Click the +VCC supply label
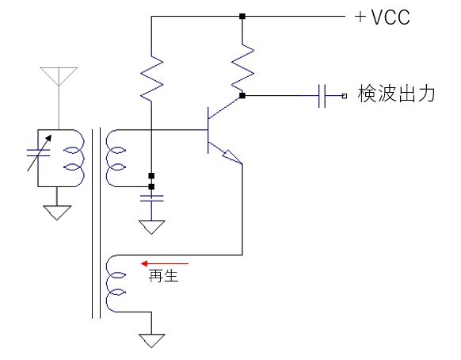383,17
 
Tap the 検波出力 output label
396,94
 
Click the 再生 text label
163,275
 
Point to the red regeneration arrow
165,263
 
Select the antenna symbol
59,77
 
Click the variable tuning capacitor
39,153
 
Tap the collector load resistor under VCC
242,67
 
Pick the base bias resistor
152,77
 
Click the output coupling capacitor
322,96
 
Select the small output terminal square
345,96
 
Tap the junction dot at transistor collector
242,96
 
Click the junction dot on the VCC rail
242,17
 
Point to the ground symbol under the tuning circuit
57,213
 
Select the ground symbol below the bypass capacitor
151,228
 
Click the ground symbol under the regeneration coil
151,341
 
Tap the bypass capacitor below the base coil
152,198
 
